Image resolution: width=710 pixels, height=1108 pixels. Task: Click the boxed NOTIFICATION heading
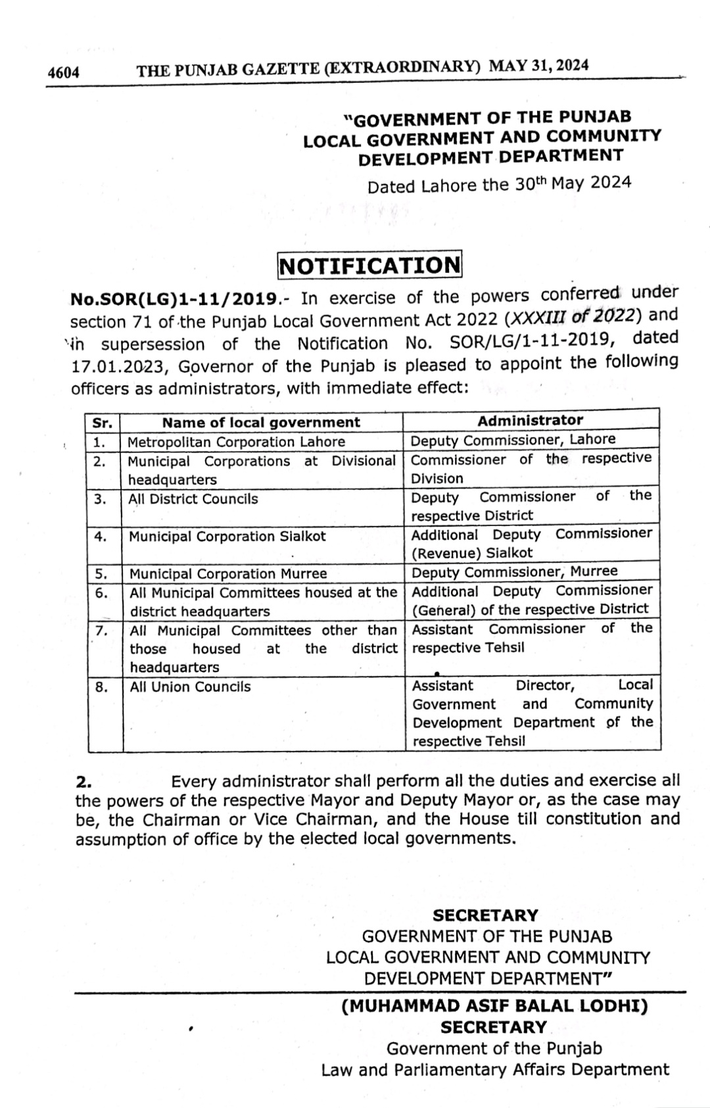[x=369, y=265]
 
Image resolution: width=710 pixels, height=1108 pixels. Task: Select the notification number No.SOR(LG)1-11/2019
[x=173, y=300]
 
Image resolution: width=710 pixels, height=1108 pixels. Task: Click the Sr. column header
[x=103, y=423]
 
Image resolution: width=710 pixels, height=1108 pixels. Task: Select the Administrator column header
[x=530, y=420]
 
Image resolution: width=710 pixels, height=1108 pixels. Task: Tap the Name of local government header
[x=261, y=422]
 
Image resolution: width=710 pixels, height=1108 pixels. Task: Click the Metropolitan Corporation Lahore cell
[x=237, y=442]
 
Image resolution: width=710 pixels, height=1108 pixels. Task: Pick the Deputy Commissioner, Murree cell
[x=515, y=571]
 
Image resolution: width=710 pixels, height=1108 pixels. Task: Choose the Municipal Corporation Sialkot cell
[x=227, y=537]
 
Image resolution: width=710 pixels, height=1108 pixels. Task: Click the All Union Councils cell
[x=191, y=687]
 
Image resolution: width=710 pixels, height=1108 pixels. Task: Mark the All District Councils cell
[x=194, y=499]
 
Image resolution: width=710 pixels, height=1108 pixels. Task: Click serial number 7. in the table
[x=101, y=631]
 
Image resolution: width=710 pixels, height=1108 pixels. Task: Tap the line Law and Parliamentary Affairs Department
[x=495, y=1070]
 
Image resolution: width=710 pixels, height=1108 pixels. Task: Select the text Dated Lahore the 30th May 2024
[x=499, y=183]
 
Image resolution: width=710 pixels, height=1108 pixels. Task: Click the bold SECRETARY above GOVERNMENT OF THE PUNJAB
[x=486, y=915]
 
